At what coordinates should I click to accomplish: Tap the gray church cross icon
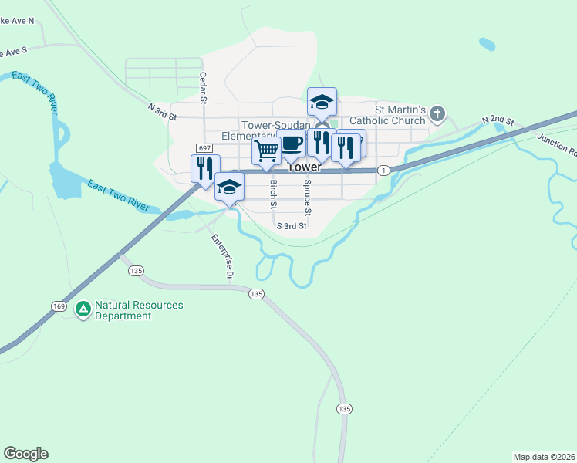pos(437,115)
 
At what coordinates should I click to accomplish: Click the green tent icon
pos(83,309)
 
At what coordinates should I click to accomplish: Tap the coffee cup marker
pos(292,144)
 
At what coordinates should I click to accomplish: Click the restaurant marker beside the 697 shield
pos(205,168)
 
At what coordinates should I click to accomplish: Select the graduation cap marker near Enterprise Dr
pos(229,187)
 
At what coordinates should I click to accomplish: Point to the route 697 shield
pos(204,147)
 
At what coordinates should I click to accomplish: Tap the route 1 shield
pos(383,170)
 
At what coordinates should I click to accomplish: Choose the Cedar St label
pos(204,88)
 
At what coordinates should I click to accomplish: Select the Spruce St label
pos(307,198)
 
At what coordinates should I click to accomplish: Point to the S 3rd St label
pos(292,226)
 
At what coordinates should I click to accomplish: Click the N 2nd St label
pos(498,120)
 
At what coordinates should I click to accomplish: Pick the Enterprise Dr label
pos(222,255)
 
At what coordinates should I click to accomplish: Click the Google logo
pos(25,454)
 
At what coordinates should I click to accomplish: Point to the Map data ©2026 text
pos(543,457)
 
